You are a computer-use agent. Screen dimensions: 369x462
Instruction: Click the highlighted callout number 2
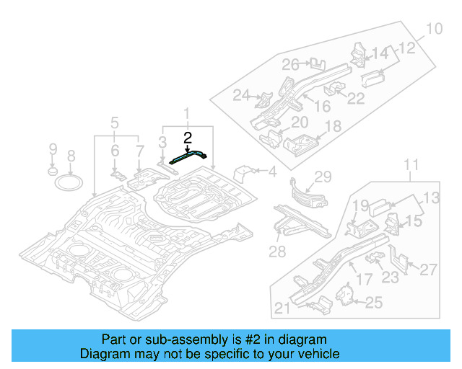point(188,138)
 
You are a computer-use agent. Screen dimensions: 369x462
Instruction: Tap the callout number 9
point(53,149)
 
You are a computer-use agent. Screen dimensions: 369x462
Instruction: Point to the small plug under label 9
point(53,172)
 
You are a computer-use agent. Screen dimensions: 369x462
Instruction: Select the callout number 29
point(322,177)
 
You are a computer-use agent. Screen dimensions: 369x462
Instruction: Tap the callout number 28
point(278,251)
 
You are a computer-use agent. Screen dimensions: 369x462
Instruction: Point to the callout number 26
point(290,65)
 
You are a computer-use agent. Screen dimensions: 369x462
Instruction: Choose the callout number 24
point(240,95)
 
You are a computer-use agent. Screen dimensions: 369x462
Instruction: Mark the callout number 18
point(332,127)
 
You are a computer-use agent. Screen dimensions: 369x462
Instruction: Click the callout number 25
point(373,303)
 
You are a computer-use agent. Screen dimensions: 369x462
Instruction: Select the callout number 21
point(283,310)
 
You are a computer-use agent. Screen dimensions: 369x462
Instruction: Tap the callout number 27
point(428,270)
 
